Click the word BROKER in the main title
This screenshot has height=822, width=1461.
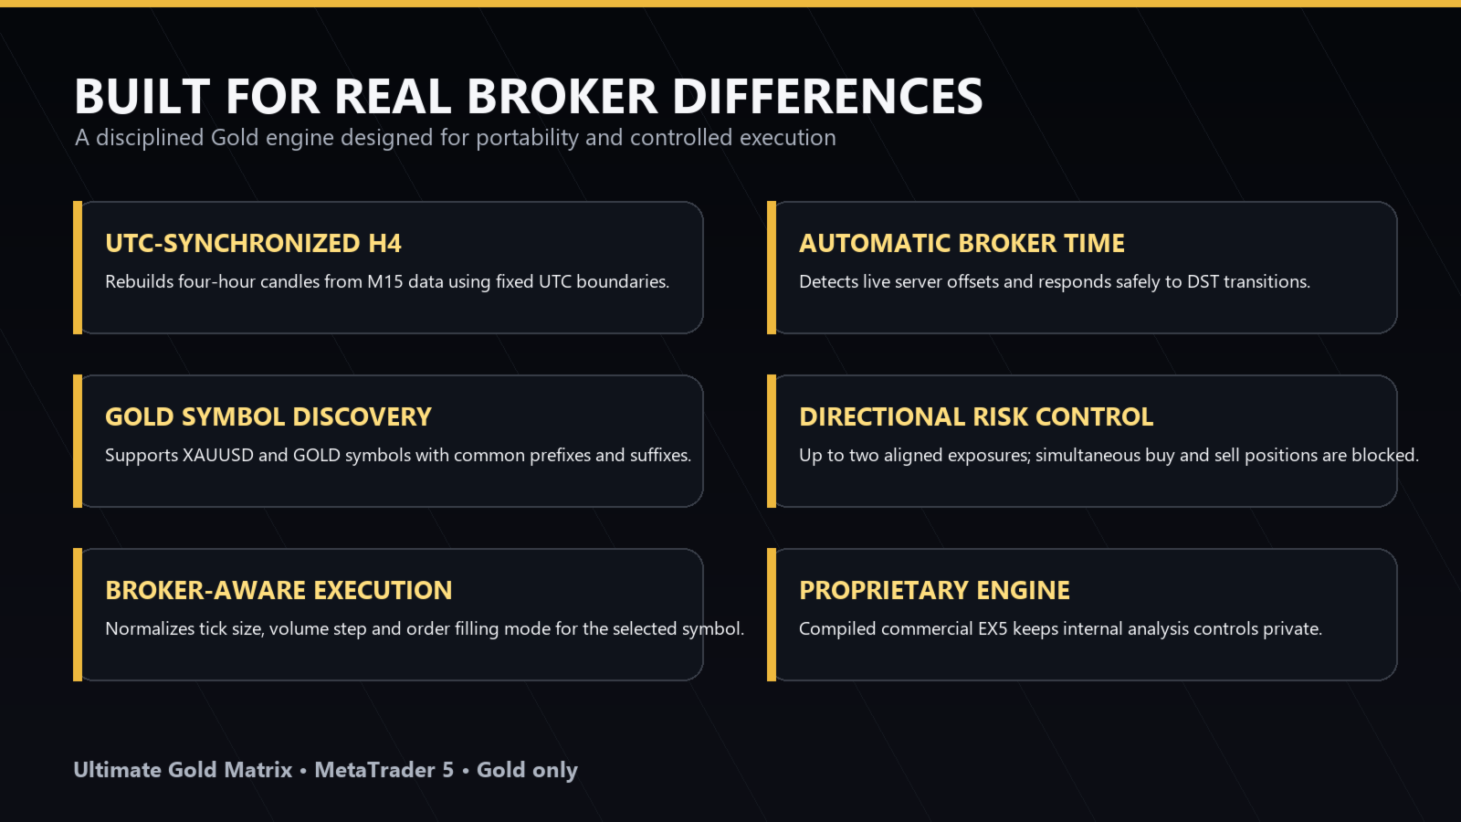click(562, 97)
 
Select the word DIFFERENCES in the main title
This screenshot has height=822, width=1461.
click(827, 97)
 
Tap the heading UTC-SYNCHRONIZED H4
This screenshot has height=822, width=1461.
click(253, 243)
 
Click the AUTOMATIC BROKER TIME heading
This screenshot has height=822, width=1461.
click(962, 243)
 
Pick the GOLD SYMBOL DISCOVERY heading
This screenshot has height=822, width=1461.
click(268, 416)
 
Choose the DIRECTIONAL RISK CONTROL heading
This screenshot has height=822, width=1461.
click(976, 416)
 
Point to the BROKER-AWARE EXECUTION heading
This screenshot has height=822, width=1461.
click(279, 590)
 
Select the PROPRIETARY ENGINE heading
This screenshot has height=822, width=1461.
click(934, 590)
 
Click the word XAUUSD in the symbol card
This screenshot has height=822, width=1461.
click(218, 456)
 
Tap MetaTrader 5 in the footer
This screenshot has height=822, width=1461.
click(384, 770)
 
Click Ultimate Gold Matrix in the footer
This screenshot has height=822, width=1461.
click(183, 770)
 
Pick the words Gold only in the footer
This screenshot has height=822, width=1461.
click(527, 771)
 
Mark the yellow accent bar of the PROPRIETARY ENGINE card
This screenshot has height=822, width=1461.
click(772, 615)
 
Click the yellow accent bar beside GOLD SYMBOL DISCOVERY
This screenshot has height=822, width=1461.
click(78, 441)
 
